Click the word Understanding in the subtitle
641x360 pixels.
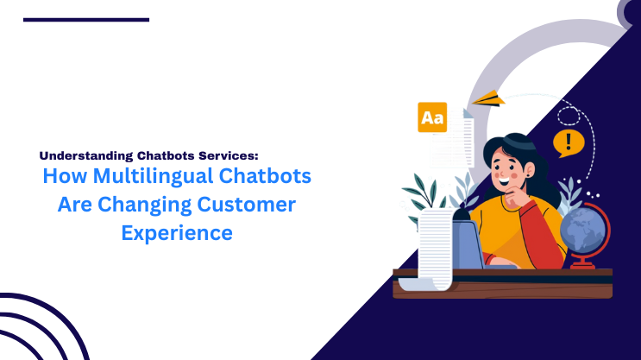(x=85, y=156)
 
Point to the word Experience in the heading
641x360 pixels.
(x=176, y=232)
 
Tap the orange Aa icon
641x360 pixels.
(x=431, y=117)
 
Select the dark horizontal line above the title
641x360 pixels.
(x=86, y=19)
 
